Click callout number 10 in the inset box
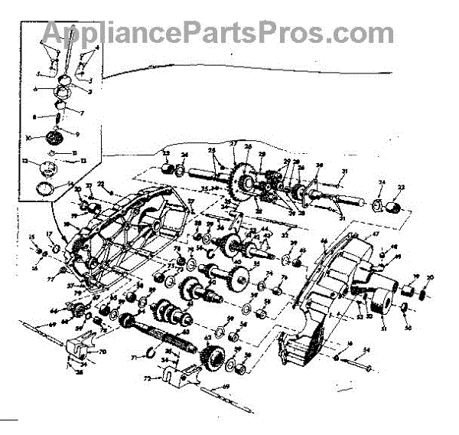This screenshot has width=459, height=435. [27, 139]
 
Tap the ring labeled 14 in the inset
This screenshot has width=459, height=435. [46, 188]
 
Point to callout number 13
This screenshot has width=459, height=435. [25, 162]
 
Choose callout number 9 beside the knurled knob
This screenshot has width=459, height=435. [74, 132]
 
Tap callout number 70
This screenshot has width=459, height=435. [104, 352]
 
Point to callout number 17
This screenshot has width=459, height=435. [50, 235]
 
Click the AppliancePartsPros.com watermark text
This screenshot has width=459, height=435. [218, 32]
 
